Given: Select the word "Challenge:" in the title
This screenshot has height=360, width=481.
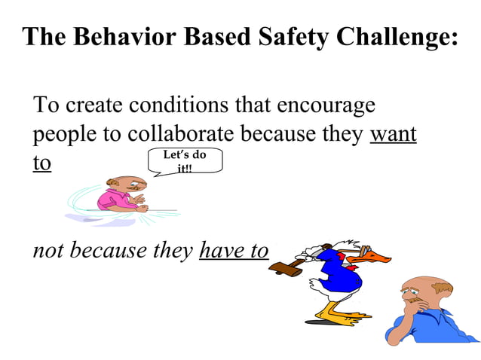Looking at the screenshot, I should pos(396,37).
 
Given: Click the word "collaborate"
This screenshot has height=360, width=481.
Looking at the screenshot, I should pos(181,135).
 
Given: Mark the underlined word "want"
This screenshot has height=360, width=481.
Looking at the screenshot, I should pos(394,136).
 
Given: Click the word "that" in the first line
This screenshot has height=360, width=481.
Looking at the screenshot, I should pos(254,105).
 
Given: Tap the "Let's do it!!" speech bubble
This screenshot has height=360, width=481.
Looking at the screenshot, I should pos(185,161).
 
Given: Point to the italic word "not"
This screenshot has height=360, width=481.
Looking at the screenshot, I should pos(46,250).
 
